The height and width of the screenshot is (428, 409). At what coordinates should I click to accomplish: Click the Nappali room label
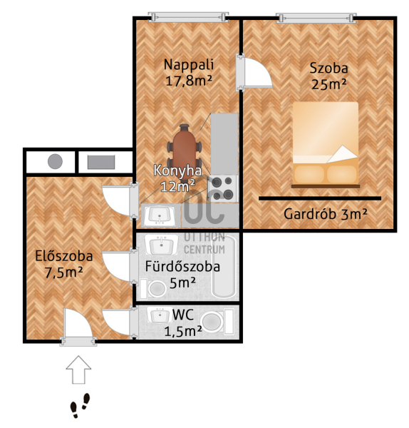coord(189,65)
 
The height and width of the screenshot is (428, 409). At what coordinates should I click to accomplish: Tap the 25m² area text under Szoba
coord(328,84)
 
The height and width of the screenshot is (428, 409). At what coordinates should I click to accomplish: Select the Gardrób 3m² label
coord(326,214)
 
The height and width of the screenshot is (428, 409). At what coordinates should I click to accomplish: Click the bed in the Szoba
coord(326,145)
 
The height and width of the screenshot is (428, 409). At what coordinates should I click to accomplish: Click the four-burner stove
coord(223,188)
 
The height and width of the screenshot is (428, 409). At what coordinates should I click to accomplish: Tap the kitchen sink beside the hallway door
coord(160,215)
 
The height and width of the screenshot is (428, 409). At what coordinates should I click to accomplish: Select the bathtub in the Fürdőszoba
coord(224,267)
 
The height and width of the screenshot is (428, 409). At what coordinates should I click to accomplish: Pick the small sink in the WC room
coord(160,315)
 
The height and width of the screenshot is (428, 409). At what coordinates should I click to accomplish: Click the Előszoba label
coord(64,256)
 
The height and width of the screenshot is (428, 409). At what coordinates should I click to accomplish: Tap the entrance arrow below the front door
coord(78,370)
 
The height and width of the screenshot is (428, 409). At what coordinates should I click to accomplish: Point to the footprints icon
coord(81,405)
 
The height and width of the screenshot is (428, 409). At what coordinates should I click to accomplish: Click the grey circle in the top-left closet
coord(55,161)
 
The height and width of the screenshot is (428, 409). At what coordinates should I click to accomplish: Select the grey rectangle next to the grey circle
coord(101,162)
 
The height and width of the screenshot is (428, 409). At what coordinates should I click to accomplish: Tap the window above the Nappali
coord(188,17)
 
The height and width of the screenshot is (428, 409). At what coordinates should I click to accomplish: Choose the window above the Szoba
coord(316,18)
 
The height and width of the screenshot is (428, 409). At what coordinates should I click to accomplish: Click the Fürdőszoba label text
coord(182,266)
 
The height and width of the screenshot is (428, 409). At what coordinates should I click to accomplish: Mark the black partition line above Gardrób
coord(320,198)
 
